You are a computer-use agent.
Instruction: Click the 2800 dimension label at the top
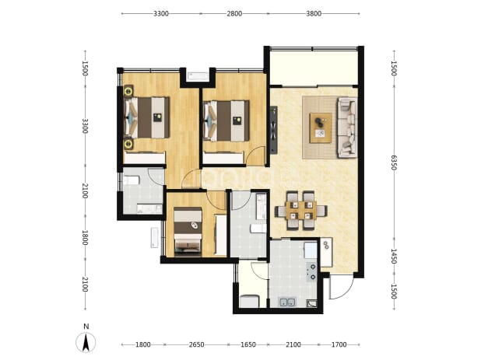tap(234, 13)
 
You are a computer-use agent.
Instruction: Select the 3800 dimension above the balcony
tap(314, 13)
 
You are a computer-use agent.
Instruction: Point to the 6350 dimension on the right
tap(394, 163)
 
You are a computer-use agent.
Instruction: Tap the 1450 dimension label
tap(394, 256)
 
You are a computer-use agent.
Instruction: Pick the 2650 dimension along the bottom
tap(196, 344)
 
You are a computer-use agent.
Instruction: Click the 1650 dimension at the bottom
tap(248, 344)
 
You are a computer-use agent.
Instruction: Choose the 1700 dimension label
tap(339, 344)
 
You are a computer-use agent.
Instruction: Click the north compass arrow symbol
tap(86, 342)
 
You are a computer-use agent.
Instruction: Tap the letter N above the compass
tap(86, 327)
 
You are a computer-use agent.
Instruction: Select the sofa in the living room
tap(347, 128)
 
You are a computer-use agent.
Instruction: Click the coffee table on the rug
tap(321, 128)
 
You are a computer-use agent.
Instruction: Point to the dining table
tap(300, 210)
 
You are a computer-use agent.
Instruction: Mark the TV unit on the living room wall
tap(273, 129)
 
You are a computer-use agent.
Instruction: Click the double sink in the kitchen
tap(287, 302)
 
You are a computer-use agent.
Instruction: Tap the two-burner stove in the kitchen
tap(312, 272)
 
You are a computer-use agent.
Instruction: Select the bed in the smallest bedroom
tap(188, 232)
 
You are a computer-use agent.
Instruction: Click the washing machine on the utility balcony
tap(249, 301)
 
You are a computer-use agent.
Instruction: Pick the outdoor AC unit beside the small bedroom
tap(154, 238)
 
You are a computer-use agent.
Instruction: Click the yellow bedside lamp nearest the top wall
tap(128, 91)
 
